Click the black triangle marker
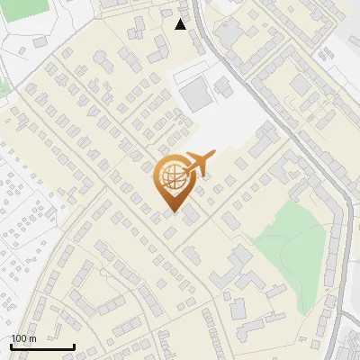coord(181,24)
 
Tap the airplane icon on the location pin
coord(195,164)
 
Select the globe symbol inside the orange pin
coord(170,178)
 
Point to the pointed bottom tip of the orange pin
coord(170,213)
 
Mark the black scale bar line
coord(42,347)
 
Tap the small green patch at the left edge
coord(4,87)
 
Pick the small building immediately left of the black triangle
coord(166,14)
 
